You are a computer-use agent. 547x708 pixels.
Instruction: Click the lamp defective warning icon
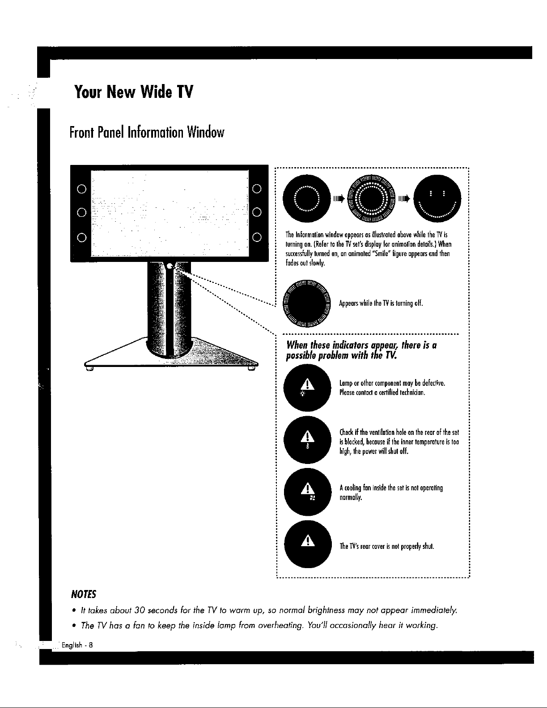click(307, 385)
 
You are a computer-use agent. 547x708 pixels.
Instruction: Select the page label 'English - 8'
click(77, 645)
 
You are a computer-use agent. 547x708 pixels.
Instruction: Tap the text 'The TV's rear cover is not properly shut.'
click(387, 546)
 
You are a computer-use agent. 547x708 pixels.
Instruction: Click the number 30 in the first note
click(141, 610)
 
